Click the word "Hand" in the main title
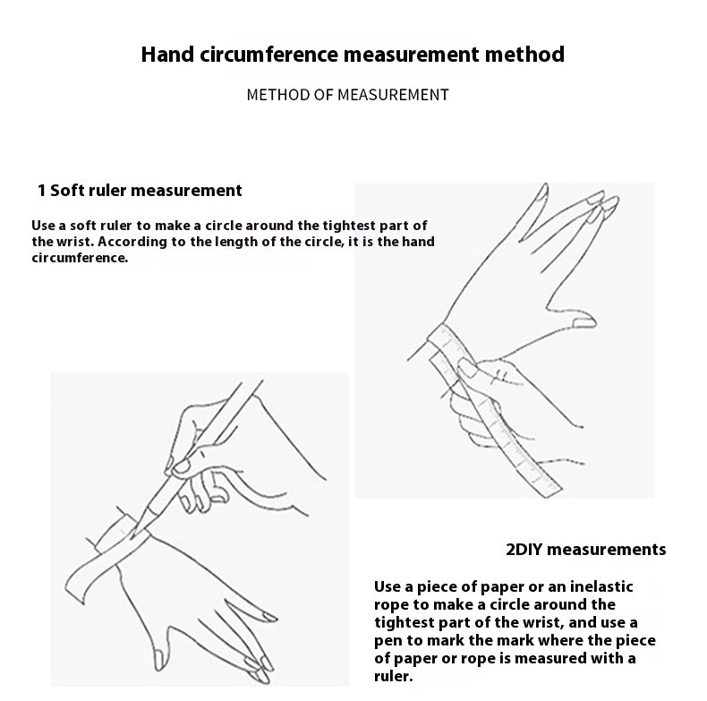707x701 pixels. (167, 54)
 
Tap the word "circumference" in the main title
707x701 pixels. (268, 54)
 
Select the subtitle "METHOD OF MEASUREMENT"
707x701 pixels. (347, 95)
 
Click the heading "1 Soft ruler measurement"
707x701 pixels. (140, 191)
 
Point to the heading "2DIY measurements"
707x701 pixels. (585, 550)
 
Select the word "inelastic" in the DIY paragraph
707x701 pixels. (601, 586)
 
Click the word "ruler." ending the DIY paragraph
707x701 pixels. (393, 676)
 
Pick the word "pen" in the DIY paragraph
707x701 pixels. (387, 641)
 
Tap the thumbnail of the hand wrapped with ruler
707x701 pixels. (584, 323)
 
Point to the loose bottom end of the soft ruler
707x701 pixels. (547, 488)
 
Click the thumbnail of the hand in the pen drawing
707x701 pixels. (158, 660)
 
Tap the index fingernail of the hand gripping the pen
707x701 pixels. (182, 466)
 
